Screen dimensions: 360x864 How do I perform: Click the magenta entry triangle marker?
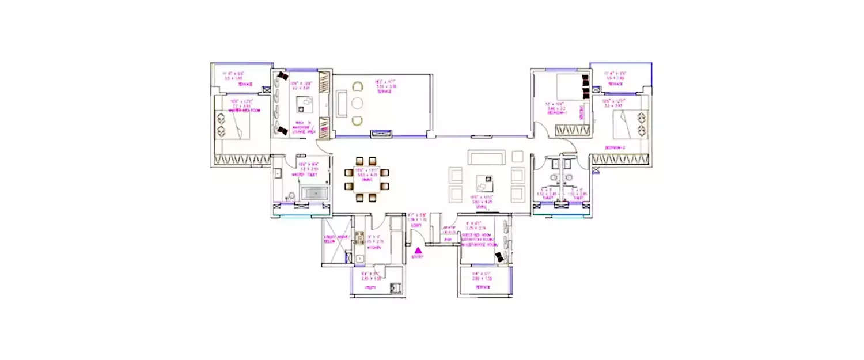point(418,250)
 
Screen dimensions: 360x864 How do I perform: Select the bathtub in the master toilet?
point(314,193)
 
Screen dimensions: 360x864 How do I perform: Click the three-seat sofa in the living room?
point(486,157)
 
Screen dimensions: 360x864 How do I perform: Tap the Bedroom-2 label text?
point(615,147)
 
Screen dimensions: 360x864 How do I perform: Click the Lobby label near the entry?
point(416,225)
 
